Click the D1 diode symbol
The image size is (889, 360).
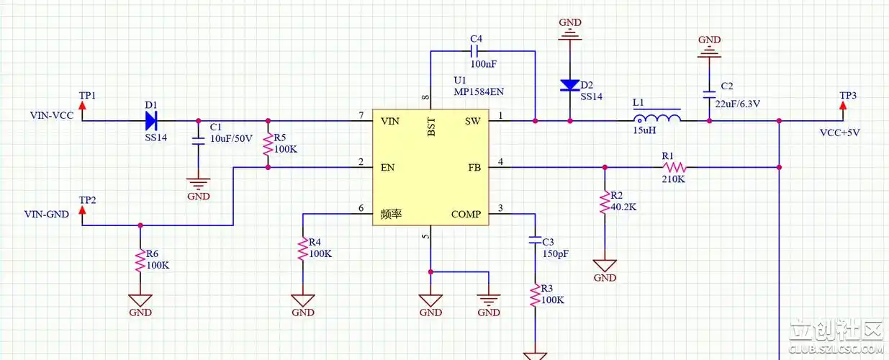coord(151,120)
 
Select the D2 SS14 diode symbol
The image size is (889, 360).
coord(570,86)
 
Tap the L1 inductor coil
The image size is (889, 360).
coord(656,119)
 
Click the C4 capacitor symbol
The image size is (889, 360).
coord(475,51)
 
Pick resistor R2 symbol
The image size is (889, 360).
coord(605,204)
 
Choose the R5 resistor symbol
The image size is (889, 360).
coord(268,144)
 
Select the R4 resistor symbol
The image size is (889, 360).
coord(302,249)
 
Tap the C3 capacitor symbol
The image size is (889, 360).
coord(535,238)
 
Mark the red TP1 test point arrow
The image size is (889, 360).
coord(82,106)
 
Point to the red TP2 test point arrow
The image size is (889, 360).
coord(82,210)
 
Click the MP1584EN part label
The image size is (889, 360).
coord(479,92)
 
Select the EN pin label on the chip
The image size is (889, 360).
coord(387,168)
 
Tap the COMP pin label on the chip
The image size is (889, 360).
coord(466,214)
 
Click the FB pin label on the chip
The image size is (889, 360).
coord(474,168)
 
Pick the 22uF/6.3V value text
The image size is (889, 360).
coord(738,104)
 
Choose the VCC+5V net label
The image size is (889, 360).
coord(840,132)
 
